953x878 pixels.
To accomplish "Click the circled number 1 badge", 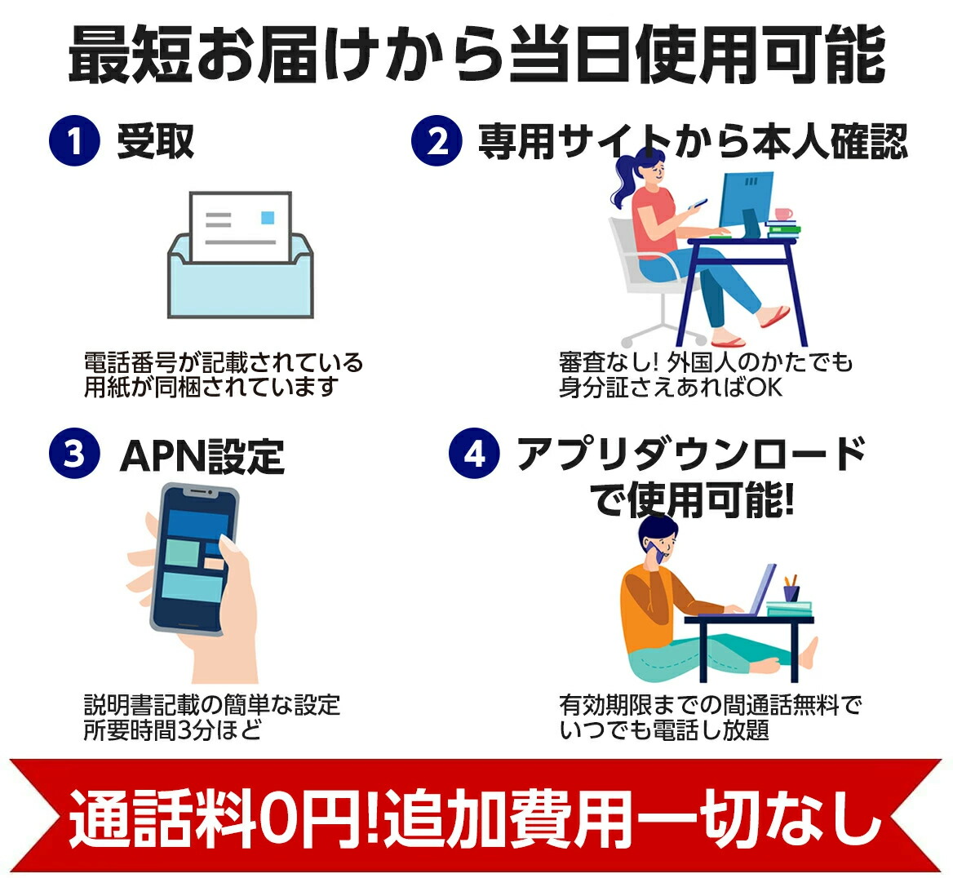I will tap(74, 141).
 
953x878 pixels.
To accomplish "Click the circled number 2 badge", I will tap(437, 141).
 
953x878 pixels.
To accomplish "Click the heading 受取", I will tap(156, 141).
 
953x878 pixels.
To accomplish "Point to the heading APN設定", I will tap(202, 455).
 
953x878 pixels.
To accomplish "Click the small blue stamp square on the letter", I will tap(268, 218).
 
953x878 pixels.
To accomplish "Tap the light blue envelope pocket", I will tap(241, 286).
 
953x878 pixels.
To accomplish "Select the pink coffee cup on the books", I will tap(783, 214).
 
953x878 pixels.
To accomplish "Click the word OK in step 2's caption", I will tap(764, 388).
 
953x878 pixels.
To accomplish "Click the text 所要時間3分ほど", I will tap(172, 729).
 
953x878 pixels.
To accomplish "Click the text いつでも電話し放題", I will tap(664, 729).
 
